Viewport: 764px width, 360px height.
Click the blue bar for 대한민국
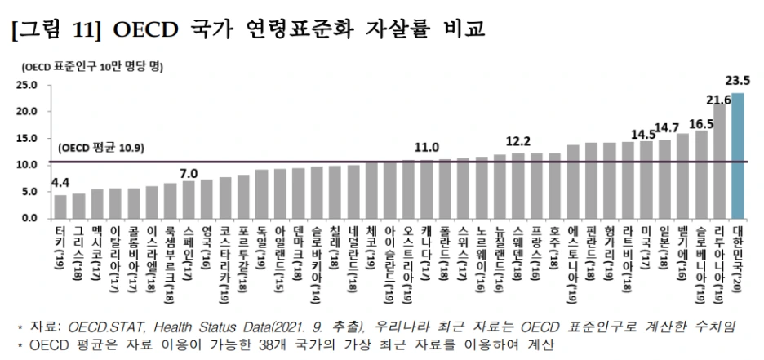738,156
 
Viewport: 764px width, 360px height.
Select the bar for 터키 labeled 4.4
60,207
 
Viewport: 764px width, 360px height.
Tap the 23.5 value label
737,80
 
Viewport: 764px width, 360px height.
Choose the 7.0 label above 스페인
189,173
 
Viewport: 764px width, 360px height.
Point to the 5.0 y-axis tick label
29,192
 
